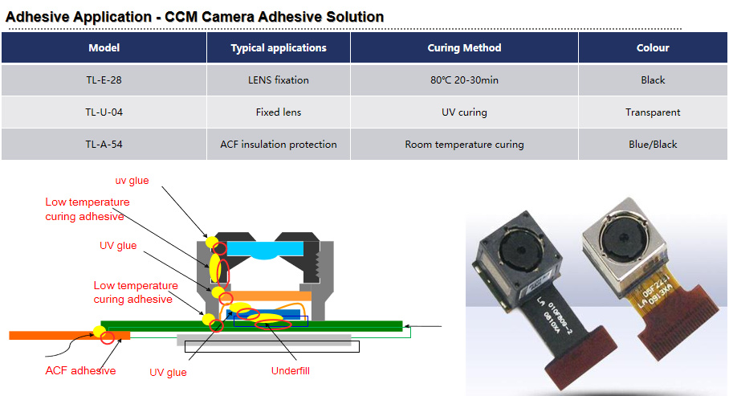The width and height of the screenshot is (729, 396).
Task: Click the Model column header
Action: [x=104, y=47]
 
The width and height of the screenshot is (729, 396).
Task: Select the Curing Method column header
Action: [x=464, y=47]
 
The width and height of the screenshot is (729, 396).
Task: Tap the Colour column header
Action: [x=653, y=47]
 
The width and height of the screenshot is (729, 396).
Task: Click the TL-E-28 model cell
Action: [x=104, y=80]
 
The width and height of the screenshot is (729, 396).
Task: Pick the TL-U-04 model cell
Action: [x=104, y=112]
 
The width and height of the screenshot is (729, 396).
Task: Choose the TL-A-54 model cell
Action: [x=104, y=145]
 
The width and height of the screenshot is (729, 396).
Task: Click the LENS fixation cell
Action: [x=279, y=80]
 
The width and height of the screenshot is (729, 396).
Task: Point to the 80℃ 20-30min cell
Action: [x=464, y=80]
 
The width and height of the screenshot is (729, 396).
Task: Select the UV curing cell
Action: [x=464, y=112]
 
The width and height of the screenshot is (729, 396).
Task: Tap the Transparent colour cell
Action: [x=653, y=112]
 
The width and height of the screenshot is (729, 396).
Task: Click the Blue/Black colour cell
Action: [x=653, y=145]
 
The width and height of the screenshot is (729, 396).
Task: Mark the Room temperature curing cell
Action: [x=464, y=145]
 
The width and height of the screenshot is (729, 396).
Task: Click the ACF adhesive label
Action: [x=80, y=370]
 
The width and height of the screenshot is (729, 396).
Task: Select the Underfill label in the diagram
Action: [x=290, y=371]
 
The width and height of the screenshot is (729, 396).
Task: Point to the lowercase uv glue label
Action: [x=132, y=181]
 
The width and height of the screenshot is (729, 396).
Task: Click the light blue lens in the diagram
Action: [x=265, y=251]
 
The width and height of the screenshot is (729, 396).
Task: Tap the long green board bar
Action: [x=251, y=325]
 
